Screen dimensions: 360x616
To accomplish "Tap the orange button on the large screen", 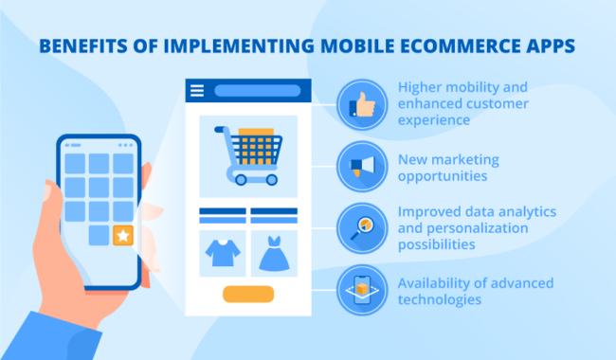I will point(247,294).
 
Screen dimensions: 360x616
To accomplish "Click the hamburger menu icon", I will point(197,92).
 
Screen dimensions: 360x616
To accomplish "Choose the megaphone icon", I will point(361,167).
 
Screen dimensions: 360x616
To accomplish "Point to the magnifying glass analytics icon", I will point(361,229).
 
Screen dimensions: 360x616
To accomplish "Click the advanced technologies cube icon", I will point(361,291).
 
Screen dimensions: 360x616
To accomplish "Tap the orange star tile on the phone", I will point(122,236).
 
